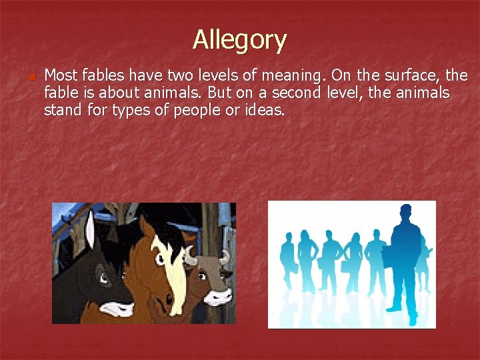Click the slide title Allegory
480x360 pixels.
click(239, 40)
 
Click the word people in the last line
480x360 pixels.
click(197, 110)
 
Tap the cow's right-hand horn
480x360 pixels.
click(225, 256)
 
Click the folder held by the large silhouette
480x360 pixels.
click(378, 261)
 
